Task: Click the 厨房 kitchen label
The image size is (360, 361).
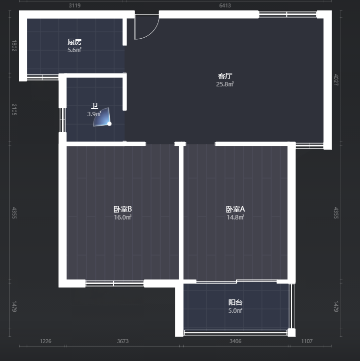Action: pyautogui.click(x=74, y=42)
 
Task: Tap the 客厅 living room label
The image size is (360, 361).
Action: pyautogui.click(x=225, y=76)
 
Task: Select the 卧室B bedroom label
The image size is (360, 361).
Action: pyautogui.click(x=123, y=209)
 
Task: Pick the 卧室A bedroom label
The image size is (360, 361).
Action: pyautogui.click(x=235, y=209)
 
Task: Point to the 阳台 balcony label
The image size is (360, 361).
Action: pyautogui.click(x=235, y=302)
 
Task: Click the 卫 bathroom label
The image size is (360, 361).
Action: pyautogui.click(x=94, y=106)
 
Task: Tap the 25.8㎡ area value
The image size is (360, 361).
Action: pyautogui.click(x=225, y=84)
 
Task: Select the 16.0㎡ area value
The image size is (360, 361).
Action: pyautogui.click(x=123, y=217)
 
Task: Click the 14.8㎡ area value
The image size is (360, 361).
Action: pyautogui.click(x=235, y=217)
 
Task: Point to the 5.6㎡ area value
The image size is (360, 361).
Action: pyautogui.click(x=74, y=50)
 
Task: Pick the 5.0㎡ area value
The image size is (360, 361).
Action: pyautogui.click(x=235, y=310)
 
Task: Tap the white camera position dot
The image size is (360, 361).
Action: pyautogui.click(x=109, y=124)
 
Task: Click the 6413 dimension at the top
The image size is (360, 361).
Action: pyautogui.click(x=225, y=5)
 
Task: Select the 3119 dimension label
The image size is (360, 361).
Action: pyautogui.click(x=74, y=5)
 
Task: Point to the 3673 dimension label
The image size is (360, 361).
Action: pyautogui.click(x=123, y=341)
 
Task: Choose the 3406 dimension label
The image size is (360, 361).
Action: pyautogui.click(x=235, y=341)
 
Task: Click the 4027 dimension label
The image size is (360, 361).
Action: pyautogui.click(x=336, y=79)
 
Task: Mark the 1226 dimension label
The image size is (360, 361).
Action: pyautogui.click(x=46, y=341)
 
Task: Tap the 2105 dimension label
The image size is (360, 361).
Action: pyautogui.click(x=14, y=110)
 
